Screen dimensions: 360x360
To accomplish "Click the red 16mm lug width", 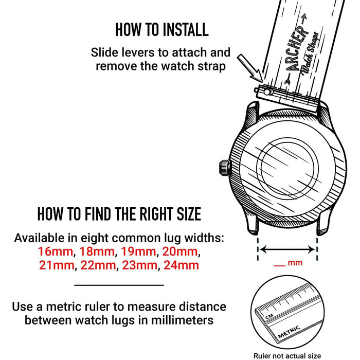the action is [56, 251].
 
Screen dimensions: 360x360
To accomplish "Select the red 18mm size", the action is [97, 251].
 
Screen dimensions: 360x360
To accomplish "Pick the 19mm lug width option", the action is [138, 251].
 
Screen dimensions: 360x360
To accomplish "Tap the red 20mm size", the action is [180, 251].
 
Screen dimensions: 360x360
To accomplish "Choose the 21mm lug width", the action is [57, 265].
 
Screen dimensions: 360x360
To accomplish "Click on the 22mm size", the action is [98, 265].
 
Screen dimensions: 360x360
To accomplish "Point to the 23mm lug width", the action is [139, 265].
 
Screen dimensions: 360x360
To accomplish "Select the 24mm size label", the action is [182, 265].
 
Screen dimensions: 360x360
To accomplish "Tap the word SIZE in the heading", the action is [189, 214].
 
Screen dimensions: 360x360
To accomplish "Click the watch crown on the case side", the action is [224, 168].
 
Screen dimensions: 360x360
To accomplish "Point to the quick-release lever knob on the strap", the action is [267, 92].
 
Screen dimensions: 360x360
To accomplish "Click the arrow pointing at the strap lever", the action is [250, 68].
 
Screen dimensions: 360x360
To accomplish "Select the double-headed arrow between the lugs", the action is [287, 249].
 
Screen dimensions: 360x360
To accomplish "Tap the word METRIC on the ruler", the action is [289, 332].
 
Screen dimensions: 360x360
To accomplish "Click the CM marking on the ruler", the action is [269, 317].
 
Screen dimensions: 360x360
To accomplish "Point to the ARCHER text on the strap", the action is [297, 49].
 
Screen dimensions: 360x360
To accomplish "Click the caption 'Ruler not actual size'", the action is [287, 356].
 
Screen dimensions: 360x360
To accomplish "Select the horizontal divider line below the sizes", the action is [119, 285].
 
